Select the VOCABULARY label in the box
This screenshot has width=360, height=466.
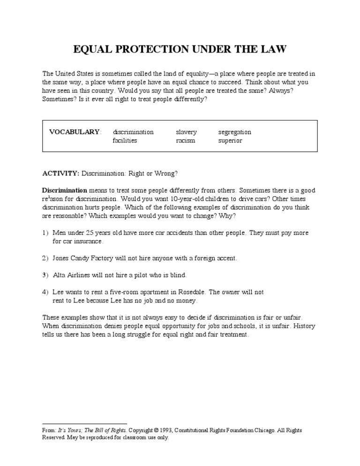(75, 132)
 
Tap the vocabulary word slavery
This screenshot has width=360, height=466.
(186, 132)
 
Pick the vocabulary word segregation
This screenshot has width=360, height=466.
(234, 132)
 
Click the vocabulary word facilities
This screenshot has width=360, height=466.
(125, 141)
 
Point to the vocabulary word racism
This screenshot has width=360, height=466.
(185, 141)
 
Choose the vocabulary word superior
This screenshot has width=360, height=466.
(230, 141)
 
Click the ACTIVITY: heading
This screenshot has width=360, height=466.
(61, 173)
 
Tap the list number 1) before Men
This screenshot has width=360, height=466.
(45, 233)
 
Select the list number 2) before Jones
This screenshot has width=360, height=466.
(45, 258)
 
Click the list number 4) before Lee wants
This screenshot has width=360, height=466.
(45, 292)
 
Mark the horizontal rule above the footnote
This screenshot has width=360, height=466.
(85, 423)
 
